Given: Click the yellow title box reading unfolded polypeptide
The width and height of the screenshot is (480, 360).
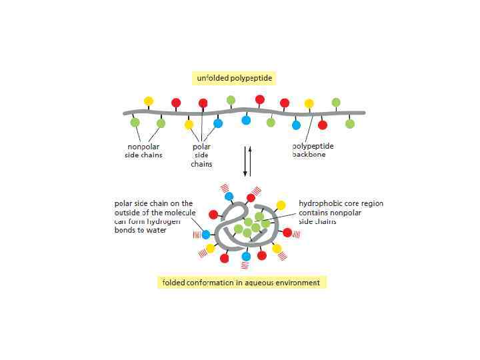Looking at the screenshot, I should pos(234,79).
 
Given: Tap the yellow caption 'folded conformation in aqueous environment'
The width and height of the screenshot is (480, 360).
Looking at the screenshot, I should pos(241,283).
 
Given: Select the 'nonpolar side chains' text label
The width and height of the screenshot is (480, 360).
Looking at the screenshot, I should pos(143,151).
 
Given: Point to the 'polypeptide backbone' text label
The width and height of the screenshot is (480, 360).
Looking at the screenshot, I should pos(313,150).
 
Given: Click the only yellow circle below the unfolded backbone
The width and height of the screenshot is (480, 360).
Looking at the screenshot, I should pos(189,124).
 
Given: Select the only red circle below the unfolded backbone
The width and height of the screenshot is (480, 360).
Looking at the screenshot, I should pos(323,125).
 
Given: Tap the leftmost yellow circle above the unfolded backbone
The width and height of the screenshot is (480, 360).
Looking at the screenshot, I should pos(148,101).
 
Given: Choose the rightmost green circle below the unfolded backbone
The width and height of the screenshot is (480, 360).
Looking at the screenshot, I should pos(350,123).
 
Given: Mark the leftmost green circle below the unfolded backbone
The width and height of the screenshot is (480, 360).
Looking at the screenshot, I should pos(135,123).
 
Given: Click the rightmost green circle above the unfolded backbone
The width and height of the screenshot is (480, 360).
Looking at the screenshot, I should pos(336,102).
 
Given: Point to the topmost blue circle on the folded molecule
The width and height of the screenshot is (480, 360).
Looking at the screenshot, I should pos(229,196).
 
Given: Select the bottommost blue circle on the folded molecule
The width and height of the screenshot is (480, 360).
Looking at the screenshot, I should pos(246,257).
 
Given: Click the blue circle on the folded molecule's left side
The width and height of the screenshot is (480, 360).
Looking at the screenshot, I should pos(206,235).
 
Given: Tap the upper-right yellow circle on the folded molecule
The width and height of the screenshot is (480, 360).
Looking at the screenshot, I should pos(281,205).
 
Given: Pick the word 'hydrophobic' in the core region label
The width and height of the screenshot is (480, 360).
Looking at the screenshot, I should pos(319,203).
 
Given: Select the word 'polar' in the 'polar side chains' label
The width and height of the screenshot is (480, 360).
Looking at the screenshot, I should pos(201,146).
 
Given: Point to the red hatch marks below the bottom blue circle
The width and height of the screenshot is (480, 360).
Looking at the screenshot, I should pos(245,266).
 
